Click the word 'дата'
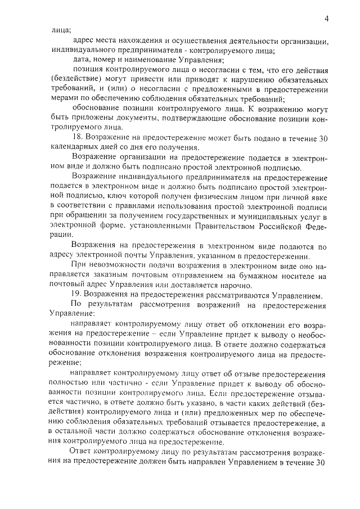click(82, 60)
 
